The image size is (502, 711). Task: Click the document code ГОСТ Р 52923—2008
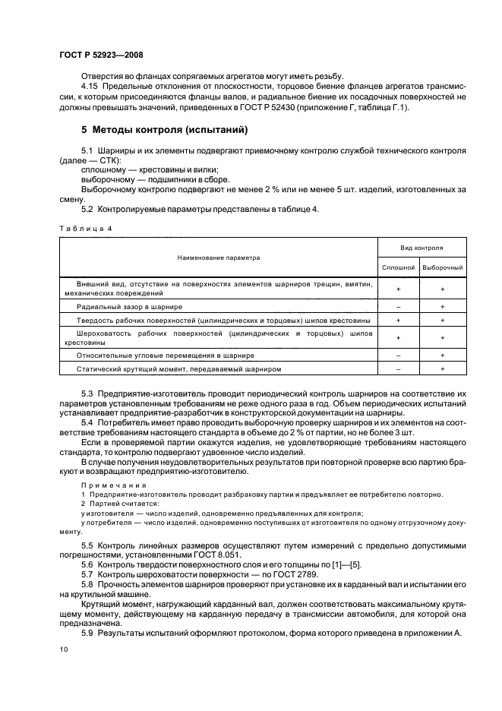pos(101,55)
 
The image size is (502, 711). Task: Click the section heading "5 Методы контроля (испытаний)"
pos(165,131)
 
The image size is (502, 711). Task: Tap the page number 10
pos(63,649)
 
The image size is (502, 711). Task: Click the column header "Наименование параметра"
pos(219,258)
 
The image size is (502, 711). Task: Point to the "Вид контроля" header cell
pos(422,248)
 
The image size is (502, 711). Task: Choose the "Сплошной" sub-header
pos(398,267)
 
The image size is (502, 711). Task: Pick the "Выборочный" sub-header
pos(443,267)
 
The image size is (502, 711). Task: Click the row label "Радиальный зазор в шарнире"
pos(130,306)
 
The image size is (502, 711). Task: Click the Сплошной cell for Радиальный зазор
pos(398,306)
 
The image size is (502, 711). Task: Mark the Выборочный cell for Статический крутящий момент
pos(443,368)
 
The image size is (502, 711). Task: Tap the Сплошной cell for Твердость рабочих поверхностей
pos(398,321)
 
